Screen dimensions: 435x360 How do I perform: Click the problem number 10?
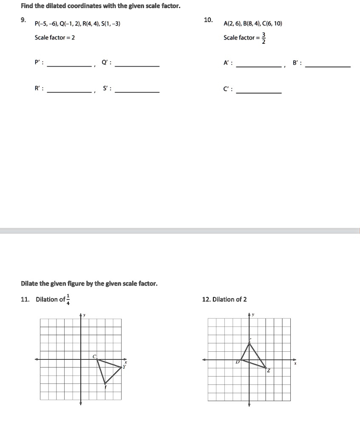point(208,20)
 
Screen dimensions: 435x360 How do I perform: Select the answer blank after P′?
point(69,65)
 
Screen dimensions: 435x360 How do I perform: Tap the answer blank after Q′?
point(137,65)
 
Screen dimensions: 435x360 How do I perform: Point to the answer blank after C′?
point(258,92)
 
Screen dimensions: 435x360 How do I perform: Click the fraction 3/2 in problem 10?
point(263,38)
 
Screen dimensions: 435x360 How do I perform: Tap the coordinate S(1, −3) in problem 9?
point(110,24)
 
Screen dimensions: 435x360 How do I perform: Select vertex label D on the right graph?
point(238,362)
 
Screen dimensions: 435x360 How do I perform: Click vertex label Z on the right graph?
point(268,371)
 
